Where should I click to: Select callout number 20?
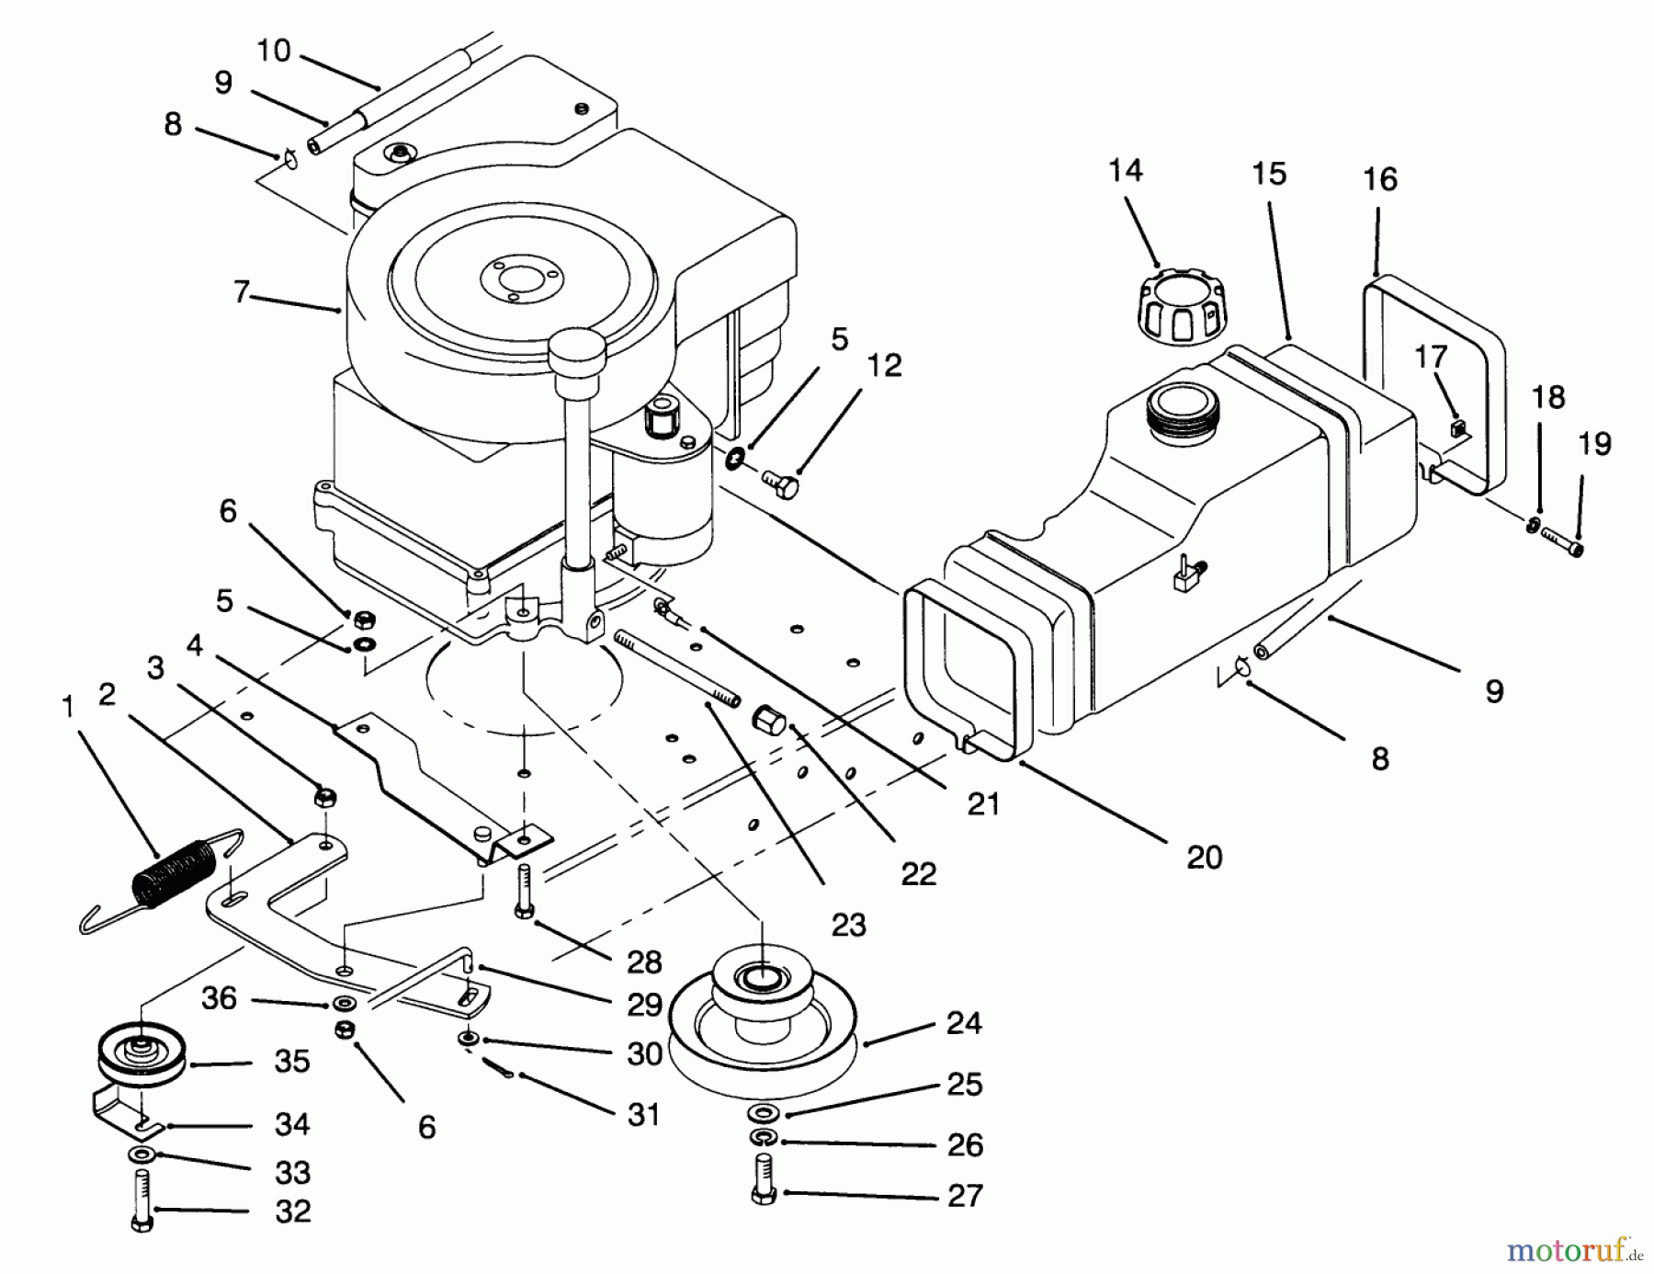click(1204, 857)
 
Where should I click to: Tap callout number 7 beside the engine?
click(241, 292)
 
